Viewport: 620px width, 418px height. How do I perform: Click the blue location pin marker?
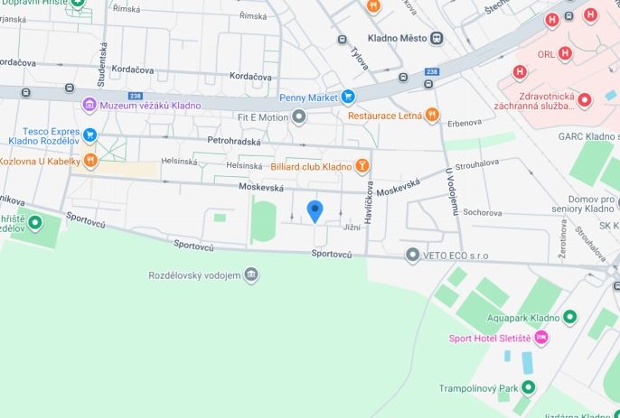(x=315, y=211)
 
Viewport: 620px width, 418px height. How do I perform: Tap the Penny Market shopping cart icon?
(x=347, y=97)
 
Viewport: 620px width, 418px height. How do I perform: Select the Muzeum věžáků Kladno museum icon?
(x=89, y=106)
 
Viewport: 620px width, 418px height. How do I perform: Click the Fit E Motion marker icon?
(x=299, y=117)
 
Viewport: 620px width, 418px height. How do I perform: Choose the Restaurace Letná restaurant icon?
(x=433, y=116)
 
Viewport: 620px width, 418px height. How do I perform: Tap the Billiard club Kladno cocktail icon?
(x=362, y=166)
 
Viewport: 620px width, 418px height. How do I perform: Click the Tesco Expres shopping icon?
(x=89, y=135)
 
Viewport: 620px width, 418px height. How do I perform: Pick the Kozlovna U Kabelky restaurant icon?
(x=89, y=161)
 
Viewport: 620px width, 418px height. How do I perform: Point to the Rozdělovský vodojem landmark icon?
(x=250, y=274)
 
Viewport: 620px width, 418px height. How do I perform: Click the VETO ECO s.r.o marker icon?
(x=412, y=255)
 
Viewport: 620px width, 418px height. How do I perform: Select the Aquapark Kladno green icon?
(x=569, y=317)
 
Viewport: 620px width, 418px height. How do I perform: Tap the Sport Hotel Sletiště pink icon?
(x=541, y=338)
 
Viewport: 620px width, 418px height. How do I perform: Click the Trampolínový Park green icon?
(x=528, y=387)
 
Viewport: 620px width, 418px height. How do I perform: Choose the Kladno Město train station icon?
(x=437, y=38)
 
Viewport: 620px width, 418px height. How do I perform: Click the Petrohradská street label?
(x=233, y=142)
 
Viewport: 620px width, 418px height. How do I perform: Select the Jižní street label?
(x=352, y=228)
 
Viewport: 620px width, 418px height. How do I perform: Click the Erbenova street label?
(x=463, y=123)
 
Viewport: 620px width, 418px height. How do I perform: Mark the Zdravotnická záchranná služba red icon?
(x=584, y=99)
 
